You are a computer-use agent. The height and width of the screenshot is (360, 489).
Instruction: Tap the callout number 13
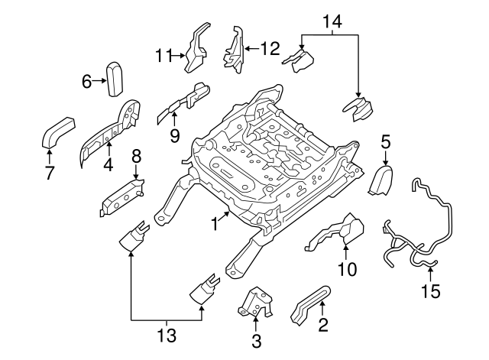(166, 335)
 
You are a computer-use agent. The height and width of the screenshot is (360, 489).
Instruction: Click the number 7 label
(50, 174)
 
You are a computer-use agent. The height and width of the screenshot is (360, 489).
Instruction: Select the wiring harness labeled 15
(419, 229)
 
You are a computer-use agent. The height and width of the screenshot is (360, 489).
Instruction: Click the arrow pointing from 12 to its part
(251, 50)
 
